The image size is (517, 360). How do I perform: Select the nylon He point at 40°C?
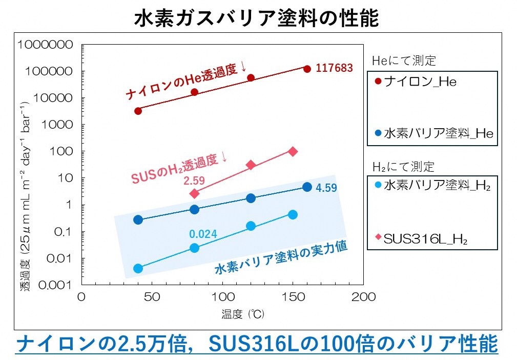coord(138,111)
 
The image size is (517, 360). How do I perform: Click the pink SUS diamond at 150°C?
coord(293,151)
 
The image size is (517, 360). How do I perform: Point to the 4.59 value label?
coord(326,188)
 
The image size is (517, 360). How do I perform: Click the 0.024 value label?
coord(203,234)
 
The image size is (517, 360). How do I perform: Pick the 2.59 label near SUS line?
coord(194,181)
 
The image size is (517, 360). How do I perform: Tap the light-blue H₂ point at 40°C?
coord(138,268)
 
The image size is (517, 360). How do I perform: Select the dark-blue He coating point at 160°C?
coord(307,187)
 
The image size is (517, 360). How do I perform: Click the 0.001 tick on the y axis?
coord(56,285)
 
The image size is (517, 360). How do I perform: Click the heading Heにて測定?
coord(403,61)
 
